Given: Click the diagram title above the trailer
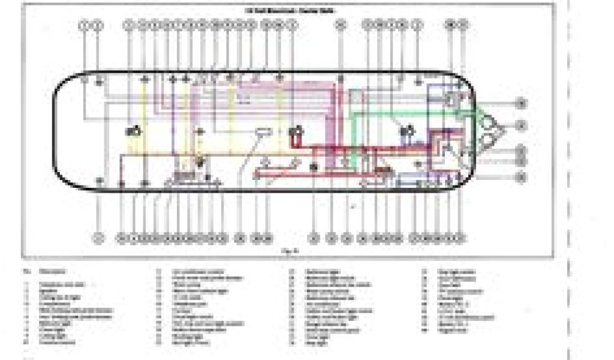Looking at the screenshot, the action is tap(290, 10).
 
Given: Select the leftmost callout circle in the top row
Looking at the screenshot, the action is tap(85, 25).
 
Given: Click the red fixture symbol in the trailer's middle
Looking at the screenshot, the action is tap(294, 135).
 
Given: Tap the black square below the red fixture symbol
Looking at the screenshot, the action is tap(313, 166).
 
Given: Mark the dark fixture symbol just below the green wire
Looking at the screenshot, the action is tap(408, 130).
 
